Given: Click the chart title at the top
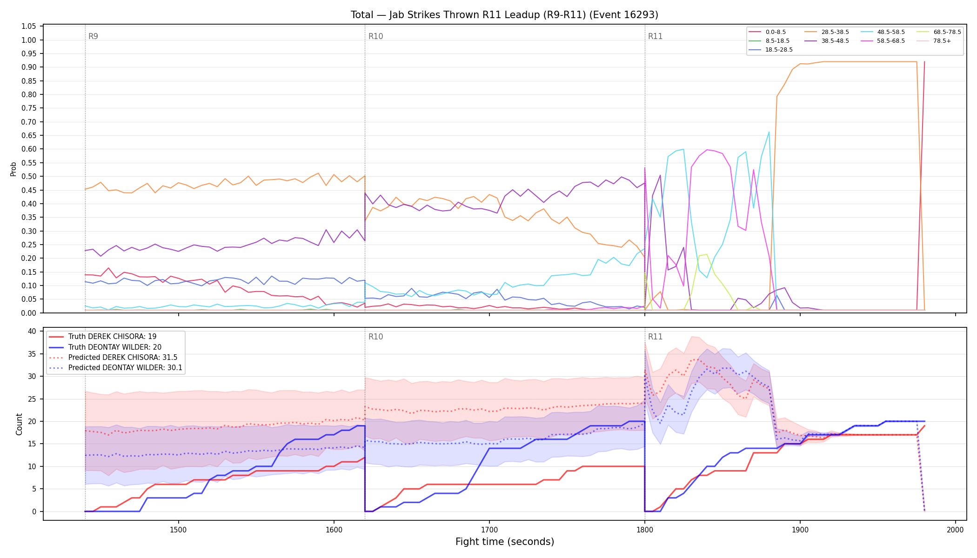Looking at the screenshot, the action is pyautogui.click(x=504, y=15).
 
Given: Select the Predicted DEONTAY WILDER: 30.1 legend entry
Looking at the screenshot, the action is pyautogui.click(x=115, y=368).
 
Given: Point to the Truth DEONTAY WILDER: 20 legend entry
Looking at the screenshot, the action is pyautogui.click(x=105, y=347).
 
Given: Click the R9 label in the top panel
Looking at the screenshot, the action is pyautogui.click(x=93, y=36).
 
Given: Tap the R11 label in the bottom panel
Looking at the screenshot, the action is pyautogui.click(x=655, y=337).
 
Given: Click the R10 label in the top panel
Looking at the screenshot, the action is pyautogui.click(x=375, y=36).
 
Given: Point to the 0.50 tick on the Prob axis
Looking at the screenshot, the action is pyautogui.click(x=29, y=177).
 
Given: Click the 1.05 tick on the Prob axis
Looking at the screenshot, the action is pyautogui.click(x=29, y=27).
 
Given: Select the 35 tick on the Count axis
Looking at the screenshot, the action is pyautogui.click(x=32, y=354).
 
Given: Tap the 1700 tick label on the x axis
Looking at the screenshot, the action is pyautogui.click(x=489, y=530).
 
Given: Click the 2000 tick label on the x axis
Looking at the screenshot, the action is pyautogui.click(x=955, y=530).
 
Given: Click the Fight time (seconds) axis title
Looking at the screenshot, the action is pyautogui.click(x=505, y=542).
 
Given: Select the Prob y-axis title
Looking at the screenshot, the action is pyautogui.click(x=13, y=169).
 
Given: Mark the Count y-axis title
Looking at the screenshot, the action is pyautogui.click(x=19, y=424).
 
